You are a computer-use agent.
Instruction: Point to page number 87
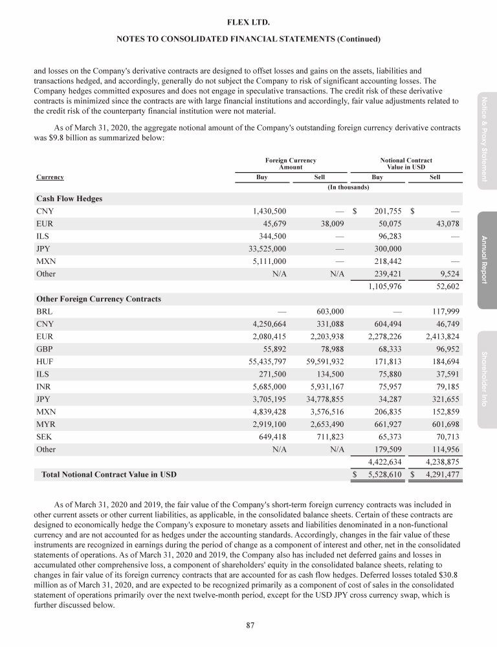click(x=248, y=625)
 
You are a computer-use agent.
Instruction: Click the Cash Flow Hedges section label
click(x=69, y=199)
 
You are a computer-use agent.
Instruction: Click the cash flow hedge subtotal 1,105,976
click(x=384, y=286)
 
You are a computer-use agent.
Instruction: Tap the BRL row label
click(x=45, y=312)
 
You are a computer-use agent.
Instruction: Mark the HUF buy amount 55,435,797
click(x=263, y=362)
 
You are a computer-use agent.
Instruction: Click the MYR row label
click(x=46, y=424)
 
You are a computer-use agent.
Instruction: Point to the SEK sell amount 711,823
click(x=327, y=437)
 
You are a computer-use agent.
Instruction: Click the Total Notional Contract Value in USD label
click(x=109, y=475)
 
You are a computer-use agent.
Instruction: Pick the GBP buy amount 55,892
click(x=272, y=349)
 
